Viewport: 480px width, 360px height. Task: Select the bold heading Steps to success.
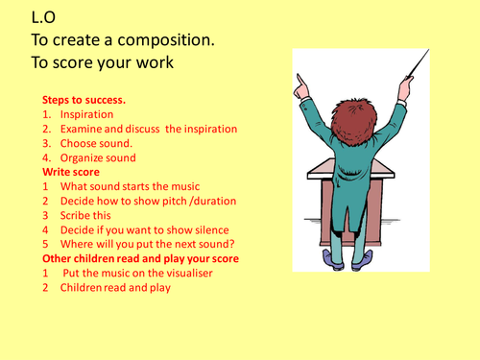84,100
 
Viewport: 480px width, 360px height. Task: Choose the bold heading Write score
72,173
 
